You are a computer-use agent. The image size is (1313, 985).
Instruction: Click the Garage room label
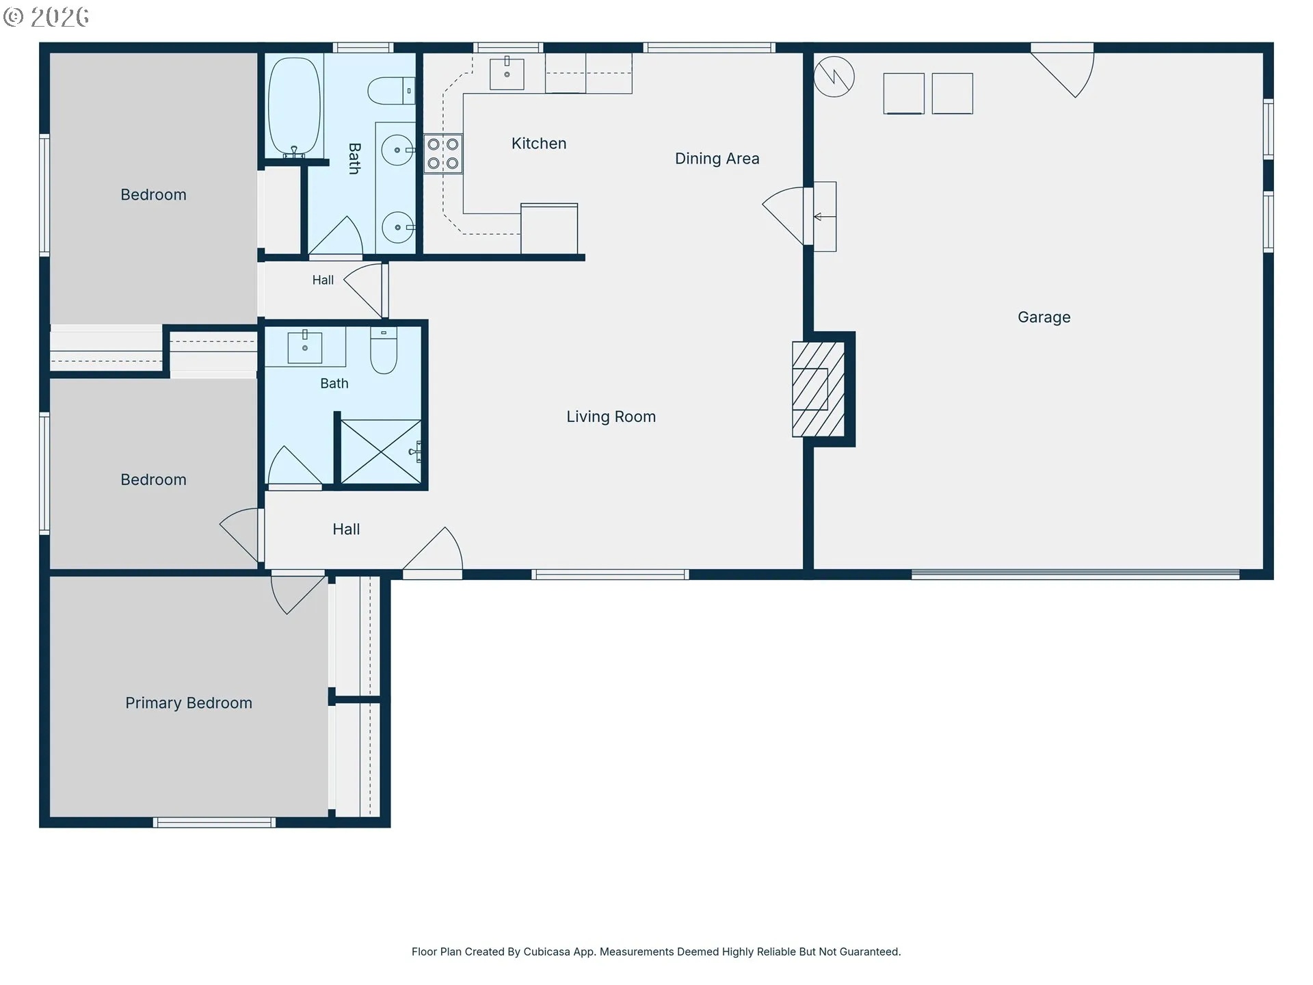click(x=1044, y=317)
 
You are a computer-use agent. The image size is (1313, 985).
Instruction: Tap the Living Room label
click(x=611, y=417)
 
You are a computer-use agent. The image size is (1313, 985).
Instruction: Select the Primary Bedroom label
click(x=189, y=703)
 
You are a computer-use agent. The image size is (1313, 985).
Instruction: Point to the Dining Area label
click(x=717, y=159)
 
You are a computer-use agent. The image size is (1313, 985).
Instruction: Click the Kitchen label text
click(x=539, y=144)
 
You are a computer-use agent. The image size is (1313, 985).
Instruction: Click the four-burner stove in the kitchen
click(x=443, y=154)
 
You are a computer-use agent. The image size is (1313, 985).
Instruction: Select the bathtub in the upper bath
click(x=294, y=107)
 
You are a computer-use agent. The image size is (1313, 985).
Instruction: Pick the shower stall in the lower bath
click(x=381, y=451)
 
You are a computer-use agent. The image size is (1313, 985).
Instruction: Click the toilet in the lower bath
click(x=384, y=351)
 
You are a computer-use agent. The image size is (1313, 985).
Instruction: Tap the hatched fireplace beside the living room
click(x=819, y=389)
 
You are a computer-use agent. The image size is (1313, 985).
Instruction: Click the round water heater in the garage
click(x=834, y=77)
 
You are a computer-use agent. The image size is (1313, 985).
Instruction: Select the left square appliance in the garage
click(x=903, y=93)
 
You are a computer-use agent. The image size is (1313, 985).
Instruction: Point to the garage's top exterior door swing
click(x=1062, y=70)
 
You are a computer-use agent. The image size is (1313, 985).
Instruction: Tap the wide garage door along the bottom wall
click(x=1075, y=575)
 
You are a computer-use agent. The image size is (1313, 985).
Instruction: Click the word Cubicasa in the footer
click(x=546, y=951)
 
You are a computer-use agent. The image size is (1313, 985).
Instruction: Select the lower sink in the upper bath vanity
click(x=397, y=227)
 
